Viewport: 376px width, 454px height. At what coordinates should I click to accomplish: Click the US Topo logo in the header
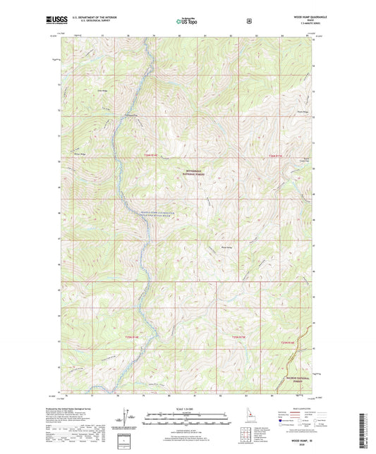[x=186, y=22]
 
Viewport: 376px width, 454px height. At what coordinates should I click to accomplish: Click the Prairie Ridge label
[x=301, y=111]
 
